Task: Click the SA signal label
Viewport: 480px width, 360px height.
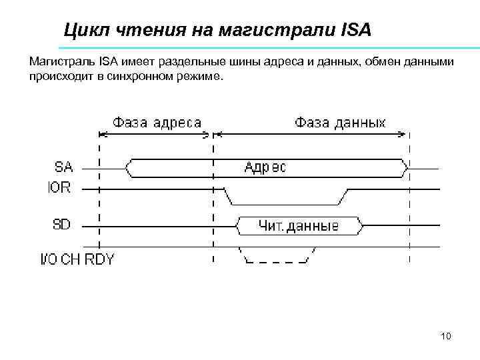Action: click(64, 165)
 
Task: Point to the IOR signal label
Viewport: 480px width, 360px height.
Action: click(59, 187)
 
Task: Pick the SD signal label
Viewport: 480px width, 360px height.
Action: click(61, 225)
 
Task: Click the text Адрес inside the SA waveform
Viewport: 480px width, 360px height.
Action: click(265, 167)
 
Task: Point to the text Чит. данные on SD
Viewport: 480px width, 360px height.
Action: click(298, 227)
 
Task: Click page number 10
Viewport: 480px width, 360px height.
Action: click(446, 336)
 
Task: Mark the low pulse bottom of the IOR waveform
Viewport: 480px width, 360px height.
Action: click(285, 203)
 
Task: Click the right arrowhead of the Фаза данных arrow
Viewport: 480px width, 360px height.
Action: click(404, 133)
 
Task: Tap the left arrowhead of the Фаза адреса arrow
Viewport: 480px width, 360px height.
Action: click(102, 133)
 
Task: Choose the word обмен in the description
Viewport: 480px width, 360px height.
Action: click(371, 62)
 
